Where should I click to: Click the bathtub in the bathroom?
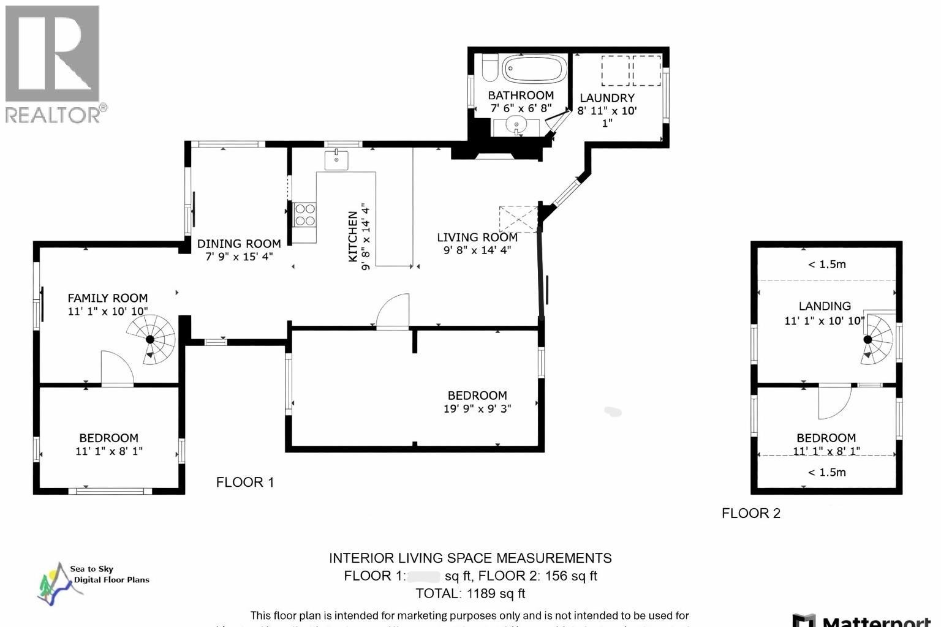click(534, 69)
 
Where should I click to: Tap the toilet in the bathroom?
click(489, 69)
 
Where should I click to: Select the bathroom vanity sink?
click(518, 127)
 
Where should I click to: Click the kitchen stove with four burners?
click(304, 215)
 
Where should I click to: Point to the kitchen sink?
click(336, 160)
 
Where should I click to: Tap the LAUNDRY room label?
click(607, 98)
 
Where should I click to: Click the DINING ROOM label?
click(239, 244)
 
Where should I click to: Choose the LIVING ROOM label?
click(477, 238)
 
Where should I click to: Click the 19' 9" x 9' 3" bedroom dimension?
click(477, 408)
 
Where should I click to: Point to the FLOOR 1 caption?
click(244, 482)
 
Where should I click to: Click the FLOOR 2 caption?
click(750, 513)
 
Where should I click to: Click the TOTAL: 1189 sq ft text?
click(470, 593)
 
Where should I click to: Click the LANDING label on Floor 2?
click(824, 306)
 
